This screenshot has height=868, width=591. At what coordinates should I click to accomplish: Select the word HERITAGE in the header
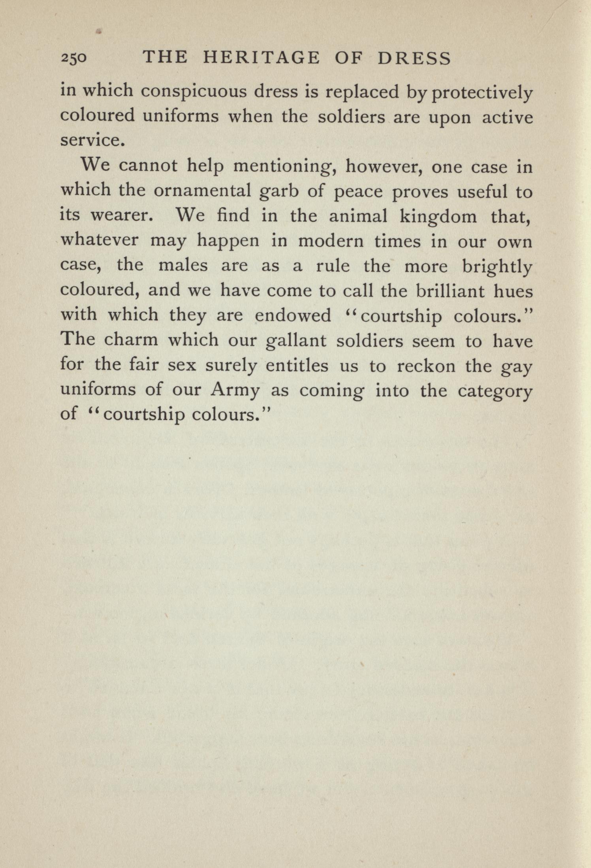click(261, 58)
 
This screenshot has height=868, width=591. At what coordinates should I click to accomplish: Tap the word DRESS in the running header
click(414, 58)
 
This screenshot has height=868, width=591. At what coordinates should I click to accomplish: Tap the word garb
click(278, 193)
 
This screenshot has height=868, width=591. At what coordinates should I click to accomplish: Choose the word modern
click(331, 242)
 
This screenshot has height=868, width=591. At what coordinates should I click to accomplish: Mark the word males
click(183, 266)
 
